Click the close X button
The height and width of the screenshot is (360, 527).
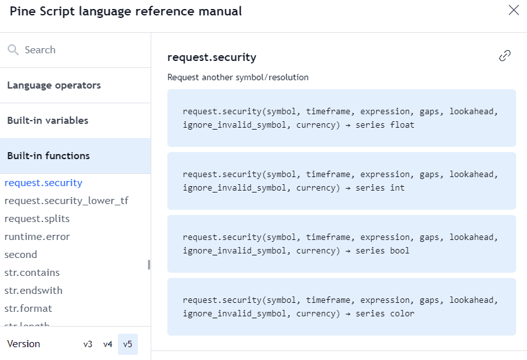point(514,10)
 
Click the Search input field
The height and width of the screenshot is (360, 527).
point(76,50)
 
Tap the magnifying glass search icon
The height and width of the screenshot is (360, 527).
point(13,50)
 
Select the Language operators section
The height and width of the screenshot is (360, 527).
point(54,85)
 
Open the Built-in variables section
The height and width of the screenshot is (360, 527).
point(47,121)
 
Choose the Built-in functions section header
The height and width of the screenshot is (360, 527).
point(48,156)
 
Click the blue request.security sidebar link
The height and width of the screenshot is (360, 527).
point(44,183)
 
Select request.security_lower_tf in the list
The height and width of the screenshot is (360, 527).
point(66,201)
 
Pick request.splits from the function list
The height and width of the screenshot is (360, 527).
point(37,219)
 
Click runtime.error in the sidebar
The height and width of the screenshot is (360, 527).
point(37,237)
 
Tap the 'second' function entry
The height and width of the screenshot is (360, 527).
point(21,255)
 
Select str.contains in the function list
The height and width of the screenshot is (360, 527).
point(32,273)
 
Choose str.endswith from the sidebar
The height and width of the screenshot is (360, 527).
point(33,291)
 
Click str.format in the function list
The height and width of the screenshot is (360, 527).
point(28,309)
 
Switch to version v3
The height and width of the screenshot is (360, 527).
point(88,344)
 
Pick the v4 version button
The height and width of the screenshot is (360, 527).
point(108,344)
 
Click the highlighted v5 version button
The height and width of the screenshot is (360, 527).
point(128,344)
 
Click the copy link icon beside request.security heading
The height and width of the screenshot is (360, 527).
point(505,56)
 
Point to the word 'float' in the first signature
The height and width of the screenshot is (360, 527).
point(402,125)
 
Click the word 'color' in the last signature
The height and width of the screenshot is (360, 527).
point(402,314)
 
